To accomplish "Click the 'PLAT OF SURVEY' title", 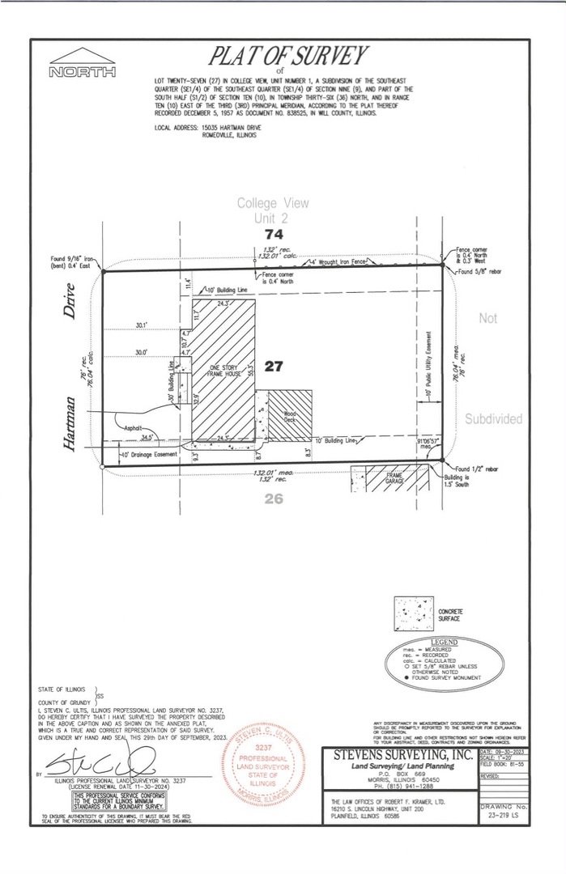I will [x=289, y=56].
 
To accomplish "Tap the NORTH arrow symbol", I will [x=83, y=65].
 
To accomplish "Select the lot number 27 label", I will [x=274, y=366].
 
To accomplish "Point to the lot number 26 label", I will [x=274, y=499].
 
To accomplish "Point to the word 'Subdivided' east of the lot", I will [x=493, y=418].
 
